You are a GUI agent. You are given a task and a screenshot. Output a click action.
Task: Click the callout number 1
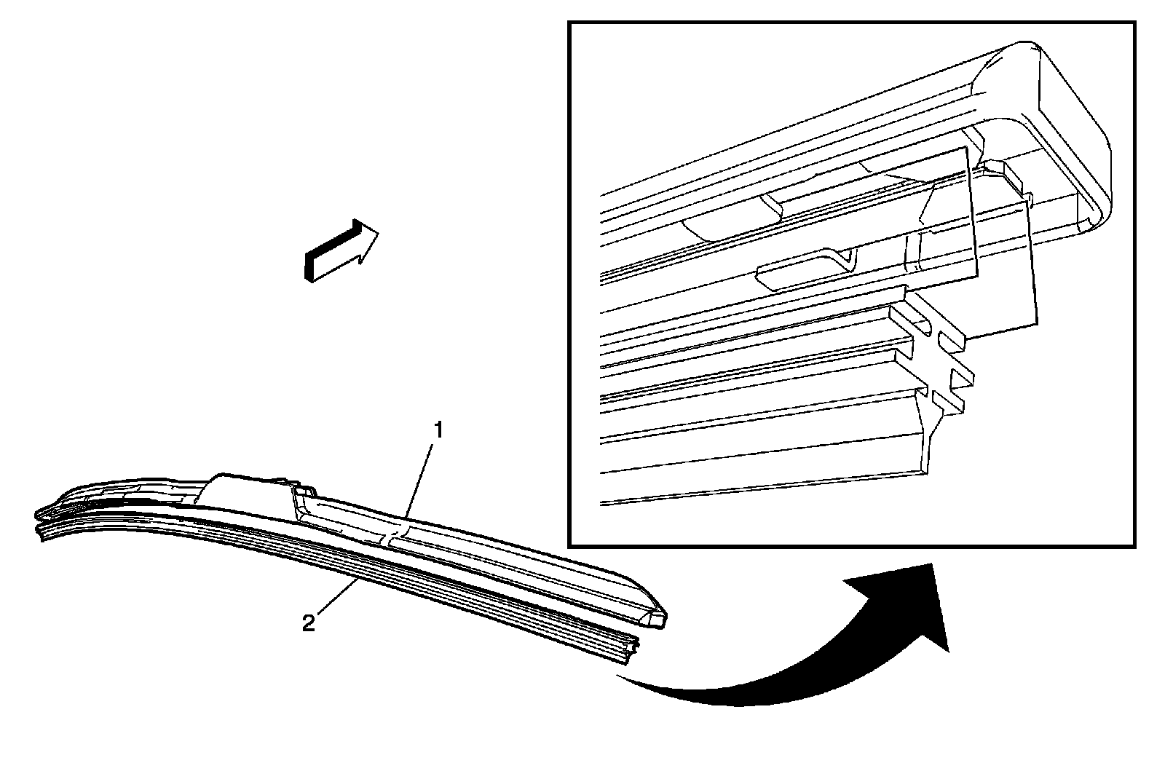click(438, 430)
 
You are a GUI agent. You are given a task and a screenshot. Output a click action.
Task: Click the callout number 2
click(309, 623)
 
